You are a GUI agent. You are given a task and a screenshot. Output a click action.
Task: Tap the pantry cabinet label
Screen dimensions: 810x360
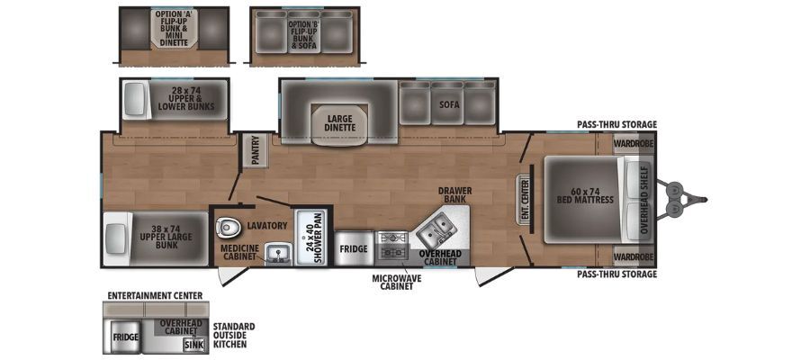click(x=255, y=150)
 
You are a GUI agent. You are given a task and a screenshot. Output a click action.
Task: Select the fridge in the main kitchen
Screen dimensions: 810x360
click(x=354, y=248)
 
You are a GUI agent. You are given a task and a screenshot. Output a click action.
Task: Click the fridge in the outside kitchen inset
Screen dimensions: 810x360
click(x=125, y=337)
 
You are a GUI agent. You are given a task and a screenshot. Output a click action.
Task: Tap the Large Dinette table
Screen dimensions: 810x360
click(x=339, y=124)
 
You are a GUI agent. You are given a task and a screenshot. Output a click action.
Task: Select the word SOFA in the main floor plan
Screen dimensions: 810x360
click(x=448, y=104)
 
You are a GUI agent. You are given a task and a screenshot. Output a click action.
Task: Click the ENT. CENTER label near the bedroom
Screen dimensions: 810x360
click(x=526, y=200)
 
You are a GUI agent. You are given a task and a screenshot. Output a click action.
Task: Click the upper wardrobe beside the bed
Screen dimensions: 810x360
click(x=634, y=142)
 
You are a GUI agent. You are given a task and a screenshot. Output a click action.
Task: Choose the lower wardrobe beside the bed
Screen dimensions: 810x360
click(x=634, y=256)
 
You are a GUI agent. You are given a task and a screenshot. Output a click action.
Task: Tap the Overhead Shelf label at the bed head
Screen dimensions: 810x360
click(x=643, y=200)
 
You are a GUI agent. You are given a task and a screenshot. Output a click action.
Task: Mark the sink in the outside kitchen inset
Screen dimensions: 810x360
click(x=193, y=345)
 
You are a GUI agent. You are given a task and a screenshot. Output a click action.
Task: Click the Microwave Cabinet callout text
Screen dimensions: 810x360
click(x=396, y=282)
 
